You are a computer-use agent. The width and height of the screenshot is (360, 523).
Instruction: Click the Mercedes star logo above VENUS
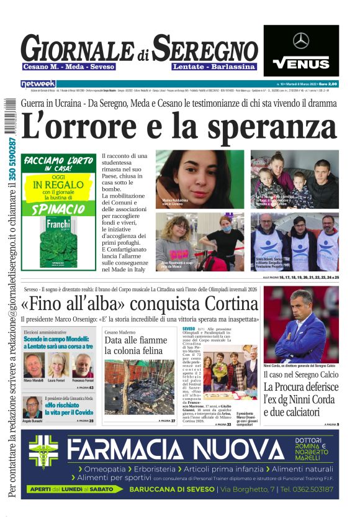point(301,41)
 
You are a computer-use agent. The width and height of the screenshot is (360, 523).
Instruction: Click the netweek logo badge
point(38,84)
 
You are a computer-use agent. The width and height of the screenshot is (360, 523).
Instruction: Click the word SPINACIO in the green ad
point(56,209)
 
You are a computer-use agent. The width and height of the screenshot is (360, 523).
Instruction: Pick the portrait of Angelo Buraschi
point(32,407)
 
